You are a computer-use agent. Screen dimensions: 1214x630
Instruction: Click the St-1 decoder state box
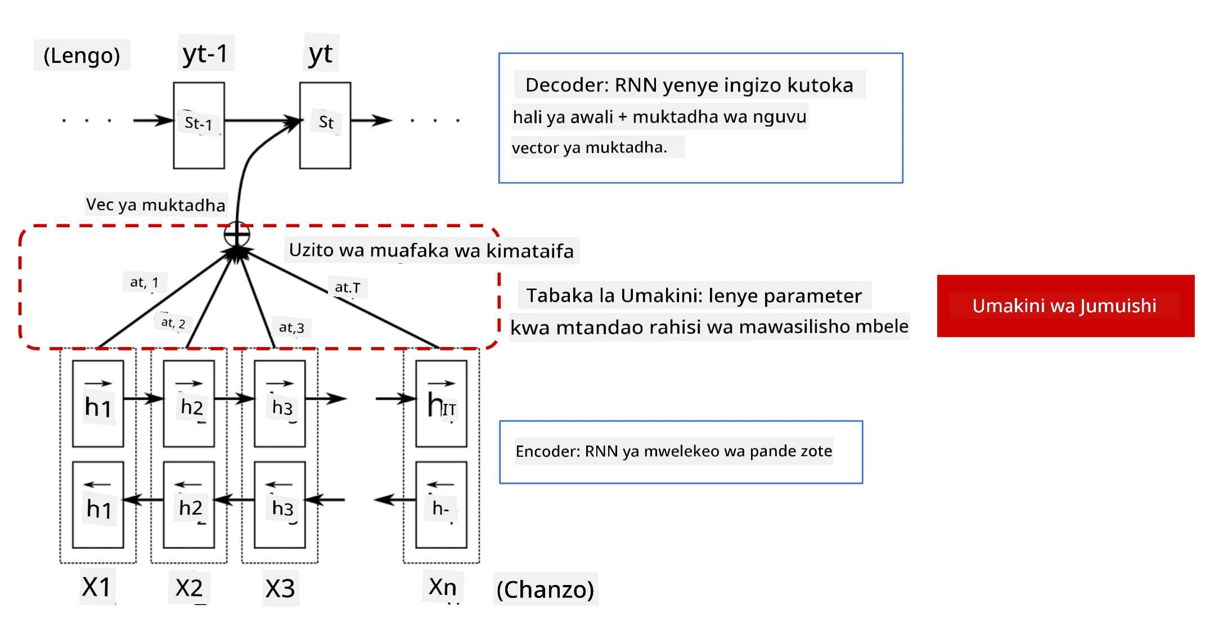pyautogui.click(x=199, y=125)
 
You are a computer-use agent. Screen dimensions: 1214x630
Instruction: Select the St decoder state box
pyautogui.click(x=325, y=125)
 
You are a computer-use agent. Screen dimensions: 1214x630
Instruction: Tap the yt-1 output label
pyautogui.click(x=206, y=53)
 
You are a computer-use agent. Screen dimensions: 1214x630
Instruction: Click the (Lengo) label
pyautogui.click(x=82, y=55)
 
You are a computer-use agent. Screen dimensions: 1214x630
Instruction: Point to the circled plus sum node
pyautogui.click(x=237, y=234)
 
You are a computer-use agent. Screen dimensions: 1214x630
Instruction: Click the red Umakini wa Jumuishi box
pyautogui.click(x=1065, y=306)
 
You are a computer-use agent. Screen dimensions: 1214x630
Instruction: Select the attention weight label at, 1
pyautogui.click(x=145, y=282)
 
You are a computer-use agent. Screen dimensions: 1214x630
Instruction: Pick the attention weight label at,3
pyautogui.click(x=291, y=327)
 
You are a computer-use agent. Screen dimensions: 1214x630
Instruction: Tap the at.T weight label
pyautogui.click(x=348, y=287)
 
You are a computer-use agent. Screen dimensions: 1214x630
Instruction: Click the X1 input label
pyautogui.click(x=97, y=587)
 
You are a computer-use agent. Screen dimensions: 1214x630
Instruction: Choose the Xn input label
pyautogui.click(x=443, y=587)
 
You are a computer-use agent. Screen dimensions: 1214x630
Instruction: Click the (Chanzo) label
pyautogui.click(x=545, y=589)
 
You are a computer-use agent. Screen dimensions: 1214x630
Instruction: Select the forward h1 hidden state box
pyautogui.click(x=98, y=404)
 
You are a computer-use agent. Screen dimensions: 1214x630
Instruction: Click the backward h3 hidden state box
pyautogui.click(x=280, y=505)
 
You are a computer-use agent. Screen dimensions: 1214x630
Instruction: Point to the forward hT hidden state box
pyautogui.click(x=441, y=404)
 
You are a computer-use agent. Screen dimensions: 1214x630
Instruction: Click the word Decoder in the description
pyautogui.click(x=567, y=85)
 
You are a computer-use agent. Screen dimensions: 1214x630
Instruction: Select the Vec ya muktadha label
pyautogui.click(x=156, y=204)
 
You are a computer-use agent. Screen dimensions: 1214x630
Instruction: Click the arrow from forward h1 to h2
pyautogui.click(x=143, y=399)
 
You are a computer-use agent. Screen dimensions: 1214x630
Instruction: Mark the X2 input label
pyautogui.click(x=189, y=588)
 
